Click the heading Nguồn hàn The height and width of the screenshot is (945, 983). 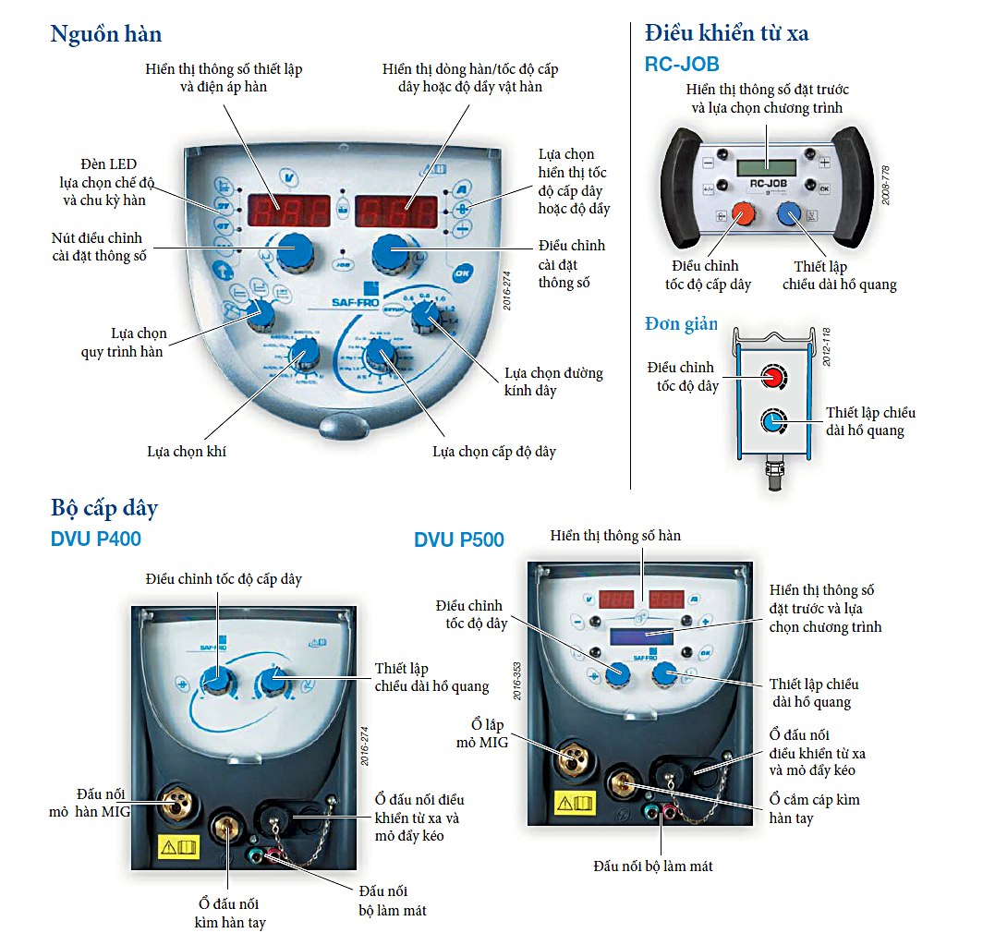[x=106, y=35]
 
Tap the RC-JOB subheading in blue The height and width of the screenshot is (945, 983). [x=682, y=64]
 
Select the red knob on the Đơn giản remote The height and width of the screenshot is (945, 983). [x=772, y=377]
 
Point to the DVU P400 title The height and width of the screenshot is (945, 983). [x=96, y=539]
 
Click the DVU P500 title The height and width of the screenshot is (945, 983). [x=459, y=539]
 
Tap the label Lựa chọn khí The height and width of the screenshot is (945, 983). [x=187, y=452]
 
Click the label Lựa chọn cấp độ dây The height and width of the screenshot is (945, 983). [x=494, y=452]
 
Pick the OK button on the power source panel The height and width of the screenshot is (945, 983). [x=462, y=273]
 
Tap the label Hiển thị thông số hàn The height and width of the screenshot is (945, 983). [x=615, y=535]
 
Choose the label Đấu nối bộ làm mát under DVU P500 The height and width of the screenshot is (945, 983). [x=653, y=866]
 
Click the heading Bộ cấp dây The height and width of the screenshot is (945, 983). [x=104, y=508]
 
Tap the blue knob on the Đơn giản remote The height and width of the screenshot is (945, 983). [x=772, y=422]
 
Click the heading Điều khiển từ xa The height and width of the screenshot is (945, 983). [x=727, y=33]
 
